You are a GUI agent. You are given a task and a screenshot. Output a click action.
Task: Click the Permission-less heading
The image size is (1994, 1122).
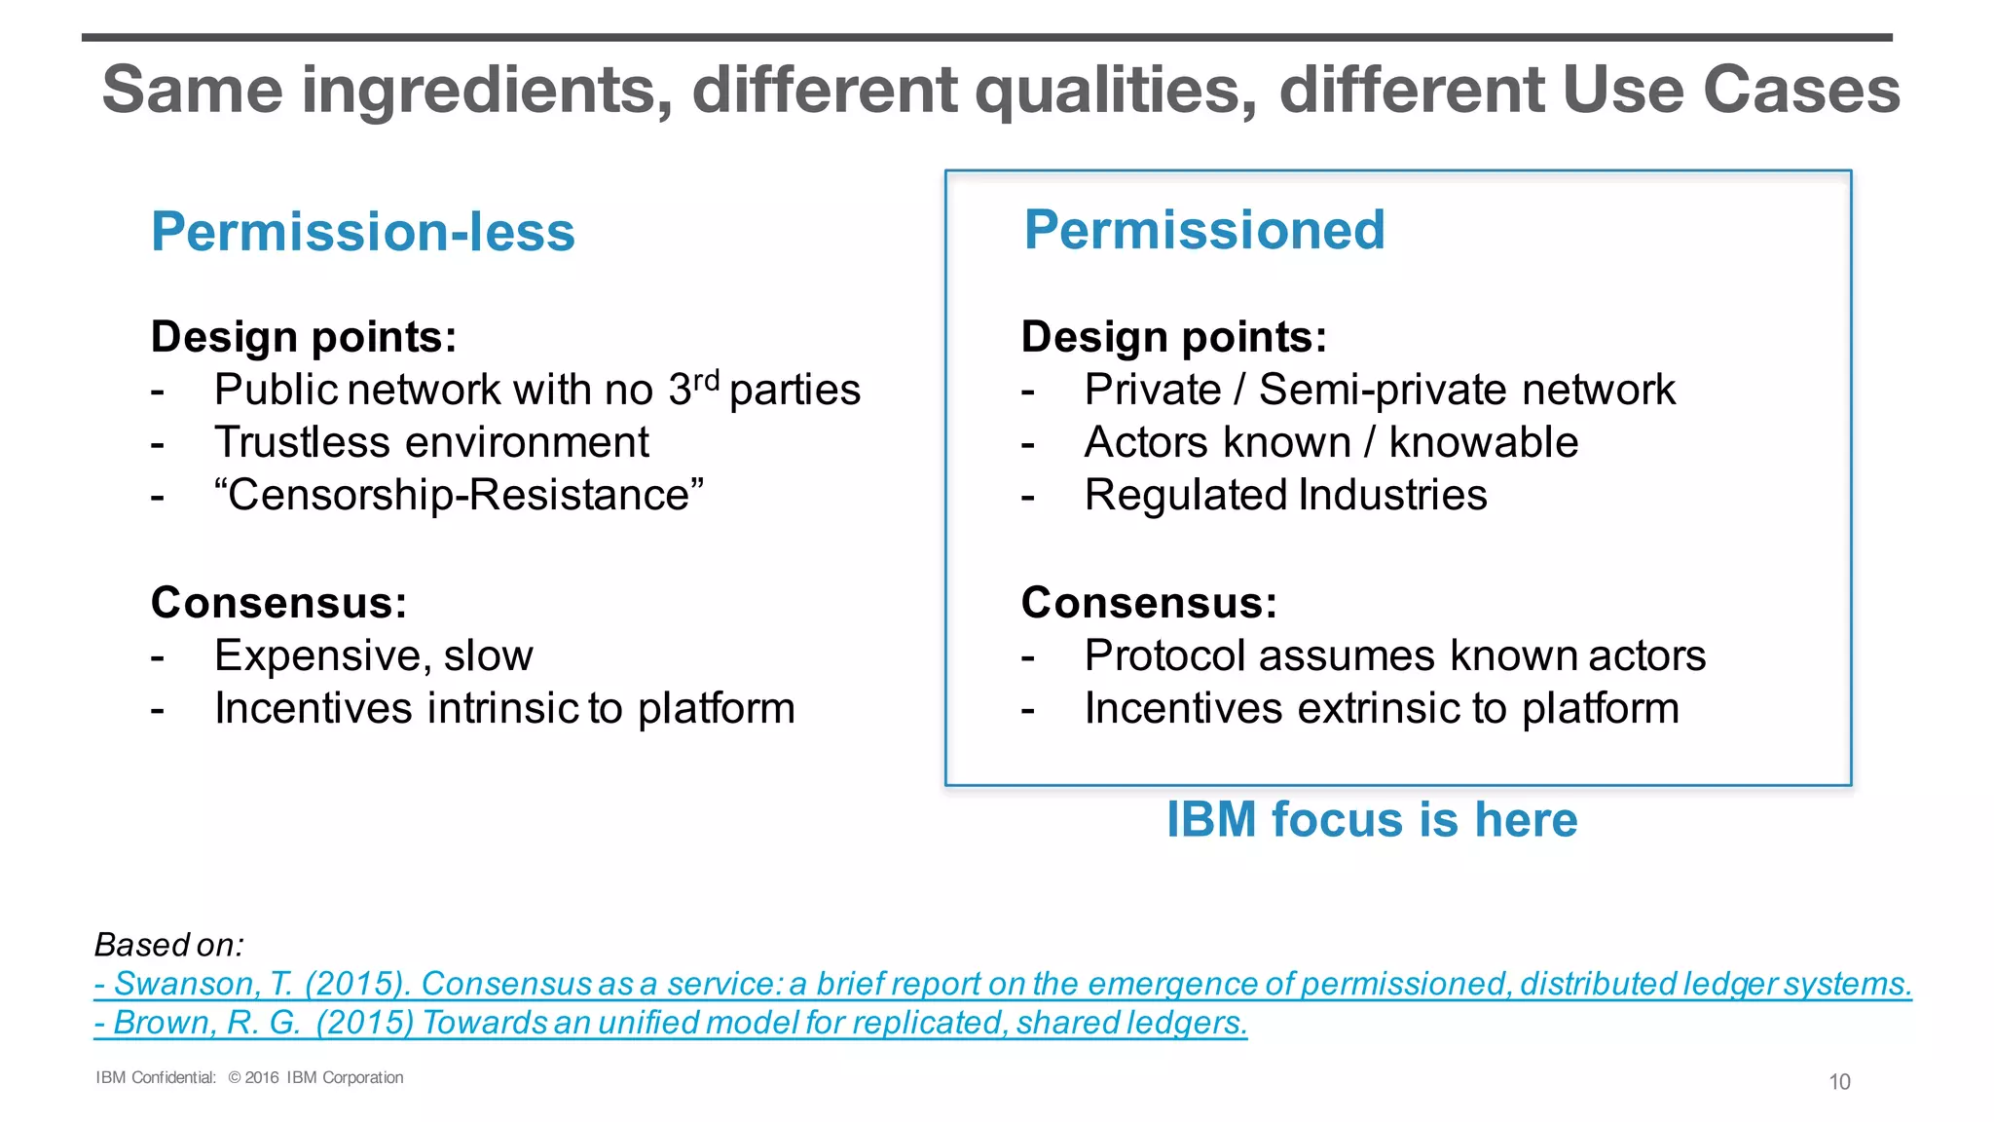[363, 233]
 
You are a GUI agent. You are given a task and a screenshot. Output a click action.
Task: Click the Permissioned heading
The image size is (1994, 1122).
[1204, 231]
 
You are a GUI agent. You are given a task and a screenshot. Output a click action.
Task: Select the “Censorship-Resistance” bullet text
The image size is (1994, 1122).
[459, 496]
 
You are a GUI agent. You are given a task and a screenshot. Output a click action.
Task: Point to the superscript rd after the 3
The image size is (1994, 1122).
[706, 379]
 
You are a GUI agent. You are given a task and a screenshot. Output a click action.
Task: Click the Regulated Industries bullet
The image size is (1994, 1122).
[1285, 496]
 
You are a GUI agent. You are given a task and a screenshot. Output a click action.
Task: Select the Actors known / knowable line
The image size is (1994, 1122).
[1331, 443]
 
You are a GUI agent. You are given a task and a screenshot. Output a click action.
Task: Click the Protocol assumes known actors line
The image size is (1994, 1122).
[1394, 656]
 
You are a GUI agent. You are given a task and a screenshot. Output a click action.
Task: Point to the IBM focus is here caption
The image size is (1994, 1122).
[1372, 820]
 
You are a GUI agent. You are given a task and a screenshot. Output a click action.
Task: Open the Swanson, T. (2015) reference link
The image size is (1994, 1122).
[1003, 985]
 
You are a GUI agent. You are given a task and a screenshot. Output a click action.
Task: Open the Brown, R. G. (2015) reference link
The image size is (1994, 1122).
[671, 1024]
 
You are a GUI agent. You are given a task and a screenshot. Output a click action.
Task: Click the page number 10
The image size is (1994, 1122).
[1839, 1082]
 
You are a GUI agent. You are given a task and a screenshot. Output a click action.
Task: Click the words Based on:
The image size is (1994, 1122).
[168, 946]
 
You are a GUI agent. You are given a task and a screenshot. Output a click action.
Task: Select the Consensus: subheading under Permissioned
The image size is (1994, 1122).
[1149, 604]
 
